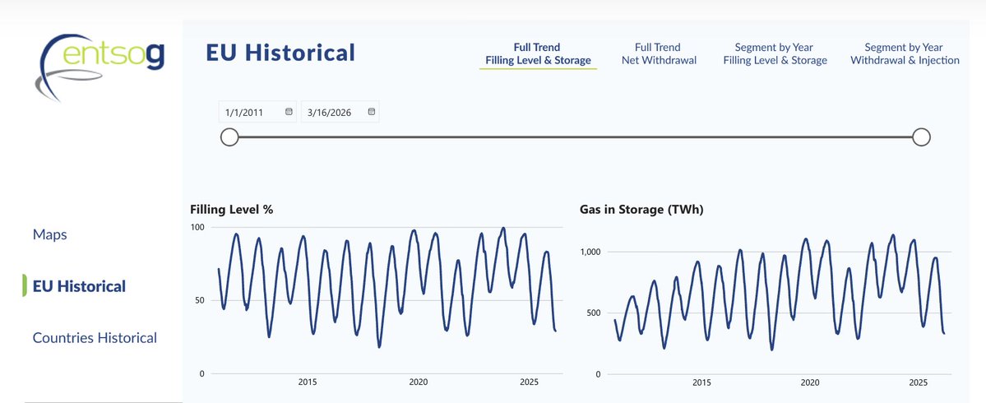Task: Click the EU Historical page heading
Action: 280,53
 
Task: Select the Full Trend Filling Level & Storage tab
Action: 538,53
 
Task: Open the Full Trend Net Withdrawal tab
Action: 657,53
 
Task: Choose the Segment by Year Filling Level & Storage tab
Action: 775,53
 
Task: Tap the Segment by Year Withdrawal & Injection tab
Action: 904,53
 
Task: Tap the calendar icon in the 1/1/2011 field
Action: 289,112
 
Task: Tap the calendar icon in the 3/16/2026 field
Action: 371,112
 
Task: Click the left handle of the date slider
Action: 230,137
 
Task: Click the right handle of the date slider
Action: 922,137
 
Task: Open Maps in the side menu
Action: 49,234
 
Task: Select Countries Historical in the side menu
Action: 95,337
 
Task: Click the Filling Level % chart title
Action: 231,209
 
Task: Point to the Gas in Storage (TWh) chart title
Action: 641,209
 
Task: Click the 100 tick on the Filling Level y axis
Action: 197,227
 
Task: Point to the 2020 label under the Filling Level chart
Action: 419,382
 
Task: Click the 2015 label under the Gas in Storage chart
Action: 701,382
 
